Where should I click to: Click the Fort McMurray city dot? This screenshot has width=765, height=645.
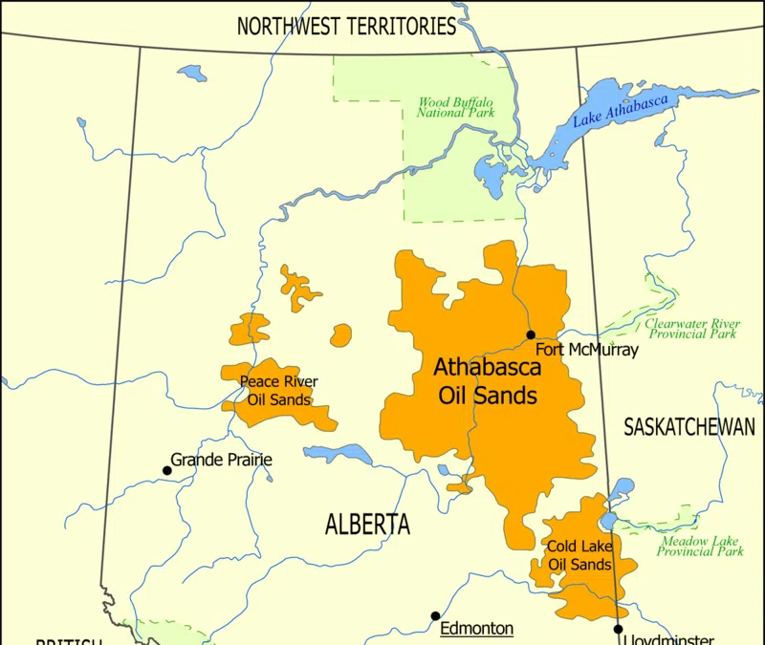point(531,334)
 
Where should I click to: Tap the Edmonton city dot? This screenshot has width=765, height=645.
point(435,616)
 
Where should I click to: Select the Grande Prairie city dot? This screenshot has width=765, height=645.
point(166,470)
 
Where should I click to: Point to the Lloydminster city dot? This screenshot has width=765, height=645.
point(619,629)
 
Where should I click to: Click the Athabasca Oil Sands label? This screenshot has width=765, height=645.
point(487,380)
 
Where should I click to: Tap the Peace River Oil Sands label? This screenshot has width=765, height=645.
point(278,390)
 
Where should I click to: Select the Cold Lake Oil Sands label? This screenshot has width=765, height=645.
point(579,555)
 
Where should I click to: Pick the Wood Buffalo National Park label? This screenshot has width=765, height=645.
point(455,107)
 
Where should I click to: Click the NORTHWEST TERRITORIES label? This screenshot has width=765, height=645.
point(346,26)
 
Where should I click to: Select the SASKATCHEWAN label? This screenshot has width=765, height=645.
point(688,427)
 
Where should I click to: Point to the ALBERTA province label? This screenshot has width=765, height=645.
point(367,524)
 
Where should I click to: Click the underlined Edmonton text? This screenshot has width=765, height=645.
point(476,628)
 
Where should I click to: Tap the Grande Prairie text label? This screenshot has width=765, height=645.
point(222,460)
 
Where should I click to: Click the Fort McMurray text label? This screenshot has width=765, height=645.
point(585,350)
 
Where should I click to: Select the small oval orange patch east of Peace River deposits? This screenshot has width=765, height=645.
point(340,335)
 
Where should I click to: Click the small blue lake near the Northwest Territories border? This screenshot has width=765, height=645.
point(192,72)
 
